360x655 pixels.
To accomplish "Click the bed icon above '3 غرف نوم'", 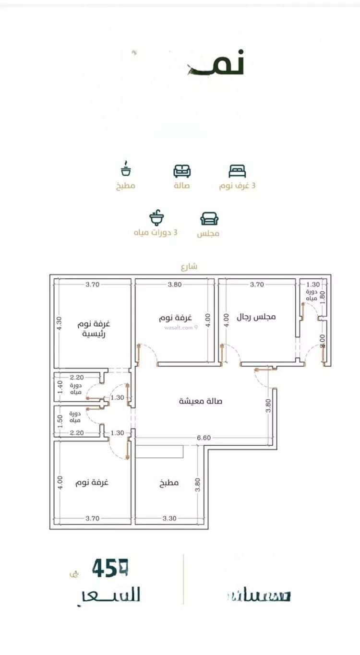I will pyautogui.click(x=237, y=171).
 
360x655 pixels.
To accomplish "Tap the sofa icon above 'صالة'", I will pyautogui.click(x=182, y=171).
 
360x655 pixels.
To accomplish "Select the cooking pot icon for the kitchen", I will pyautogui.click(x=126, y=169).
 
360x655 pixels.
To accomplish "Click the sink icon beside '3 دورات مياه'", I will pyautogui.click(x=156, y=218).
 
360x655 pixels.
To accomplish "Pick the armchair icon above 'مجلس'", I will pyautogui.click(x=209, y=218).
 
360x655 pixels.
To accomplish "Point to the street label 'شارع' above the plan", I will pyautogui.click(x=189, y=266).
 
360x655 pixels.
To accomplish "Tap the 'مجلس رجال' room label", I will pyautogui.click(x=257, y=317).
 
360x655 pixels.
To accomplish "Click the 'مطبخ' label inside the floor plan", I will pyautogui.click(x=169, y=483).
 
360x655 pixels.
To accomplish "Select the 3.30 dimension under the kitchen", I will pyautogui.click(x=170, y=518).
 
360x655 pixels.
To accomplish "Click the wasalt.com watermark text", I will pyautogui.click(x=181, y=328).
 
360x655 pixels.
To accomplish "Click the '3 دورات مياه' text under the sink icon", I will pyautogui.click(x=156, y=233).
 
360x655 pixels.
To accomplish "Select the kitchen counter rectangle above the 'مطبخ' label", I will pyautogui.click(x=160, y=452).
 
